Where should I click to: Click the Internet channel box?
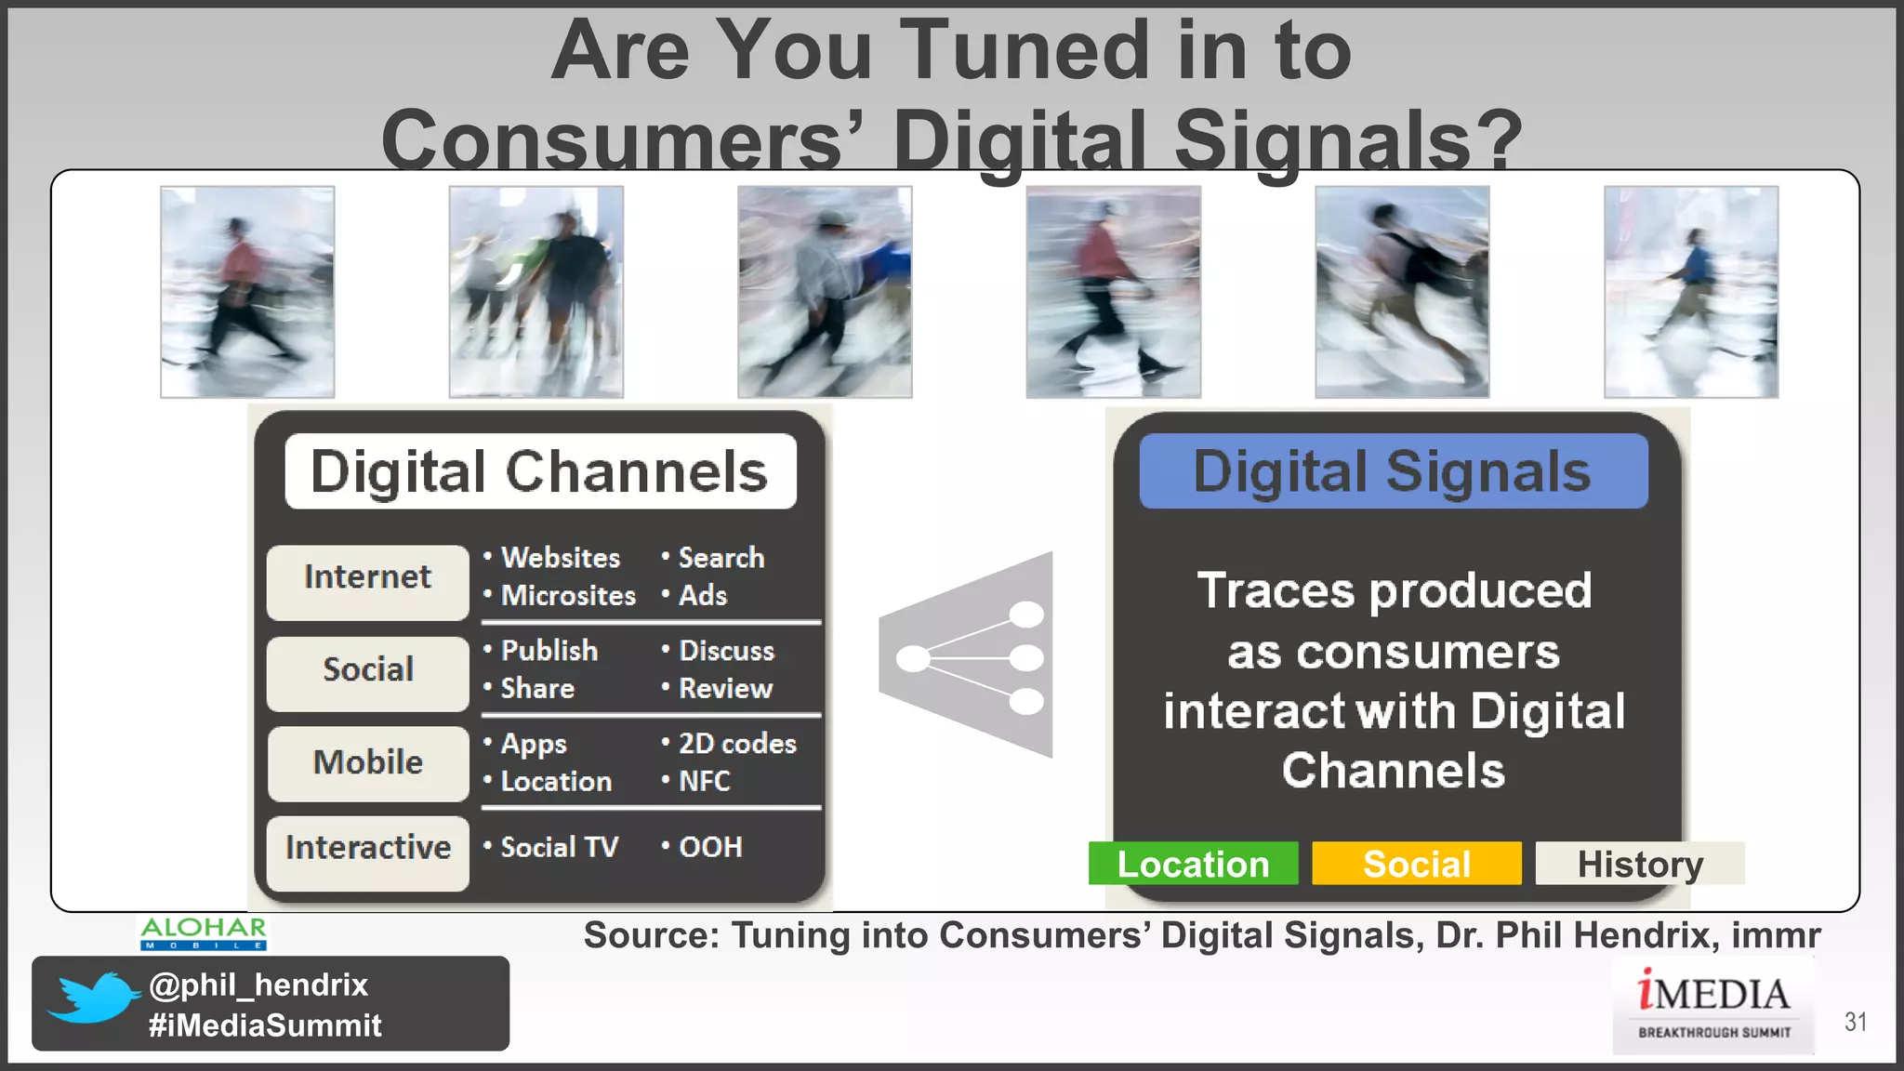[x=367, y=581]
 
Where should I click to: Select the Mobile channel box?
[x=367, y=763]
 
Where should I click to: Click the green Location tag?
[x=1193, y=864]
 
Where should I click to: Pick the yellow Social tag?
[x=1416, y=864]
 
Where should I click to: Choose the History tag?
[x=1639, y=864]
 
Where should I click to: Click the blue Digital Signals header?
[x=1393, y=471]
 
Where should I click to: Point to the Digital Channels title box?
[x=540, y=471]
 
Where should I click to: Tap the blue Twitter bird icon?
[x=92, y=998]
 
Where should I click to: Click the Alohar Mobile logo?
[x=204, y=932]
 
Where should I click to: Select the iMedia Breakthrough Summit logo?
[x=1713, y=1004]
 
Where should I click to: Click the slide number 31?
[x=1855, y=1022]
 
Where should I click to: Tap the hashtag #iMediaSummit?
[x=265, y=1025]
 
